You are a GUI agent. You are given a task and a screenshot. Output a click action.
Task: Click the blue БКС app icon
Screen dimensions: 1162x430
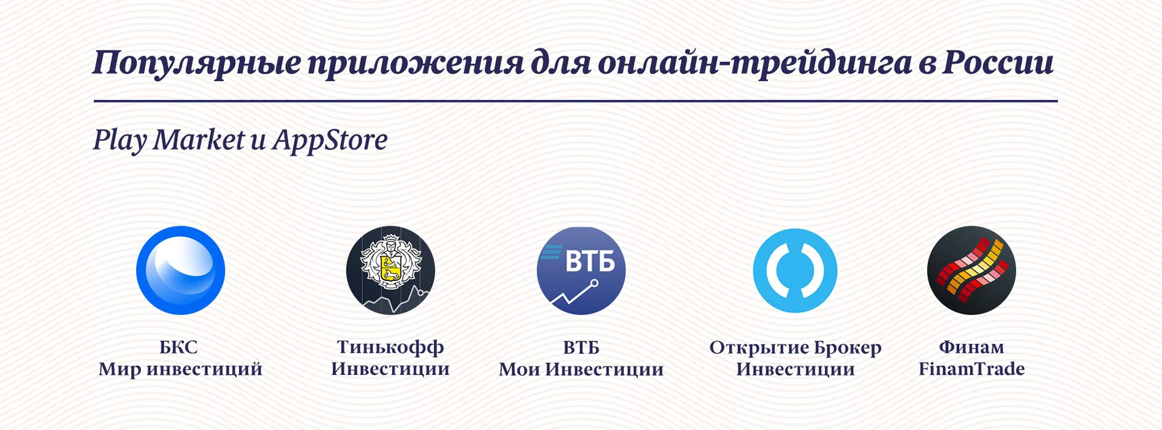click(181, 271)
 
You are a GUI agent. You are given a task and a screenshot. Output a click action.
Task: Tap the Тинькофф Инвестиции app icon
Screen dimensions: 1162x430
click(390, 271)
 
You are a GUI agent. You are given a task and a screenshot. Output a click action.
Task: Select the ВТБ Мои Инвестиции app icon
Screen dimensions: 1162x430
click(581, 271)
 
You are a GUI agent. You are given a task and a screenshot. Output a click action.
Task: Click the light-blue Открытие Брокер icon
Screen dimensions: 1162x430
click(795, 271)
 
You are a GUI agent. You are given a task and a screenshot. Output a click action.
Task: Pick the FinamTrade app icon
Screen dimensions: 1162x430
click(971, 271)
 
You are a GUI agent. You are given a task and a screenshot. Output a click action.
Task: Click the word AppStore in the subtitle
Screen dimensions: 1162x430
click(330, 140)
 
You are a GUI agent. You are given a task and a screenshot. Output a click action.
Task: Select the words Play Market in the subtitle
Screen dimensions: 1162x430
click(169, 140)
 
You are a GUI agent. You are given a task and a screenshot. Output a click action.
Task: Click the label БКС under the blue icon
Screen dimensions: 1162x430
click(179, 347)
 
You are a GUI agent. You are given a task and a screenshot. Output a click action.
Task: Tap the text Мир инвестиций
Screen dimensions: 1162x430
click(180, 369)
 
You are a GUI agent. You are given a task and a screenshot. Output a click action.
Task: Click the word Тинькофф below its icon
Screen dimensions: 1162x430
click(390, 347)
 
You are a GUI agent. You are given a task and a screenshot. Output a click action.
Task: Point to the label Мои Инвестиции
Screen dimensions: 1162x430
click(581, 369)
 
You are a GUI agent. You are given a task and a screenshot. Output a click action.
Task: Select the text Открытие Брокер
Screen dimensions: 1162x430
click(796, 347)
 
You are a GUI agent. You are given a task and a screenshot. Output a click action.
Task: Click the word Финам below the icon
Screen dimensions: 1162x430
click(971, 347)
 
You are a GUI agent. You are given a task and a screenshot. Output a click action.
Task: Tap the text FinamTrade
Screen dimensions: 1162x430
click(971, 369)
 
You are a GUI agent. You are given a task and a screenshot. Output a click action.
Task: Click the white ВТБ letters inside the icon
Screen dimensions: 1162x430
click(590, 261)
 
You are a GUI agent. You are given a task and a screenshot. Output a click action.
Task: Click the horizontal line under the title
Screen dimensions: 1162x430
click(575, 101)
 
